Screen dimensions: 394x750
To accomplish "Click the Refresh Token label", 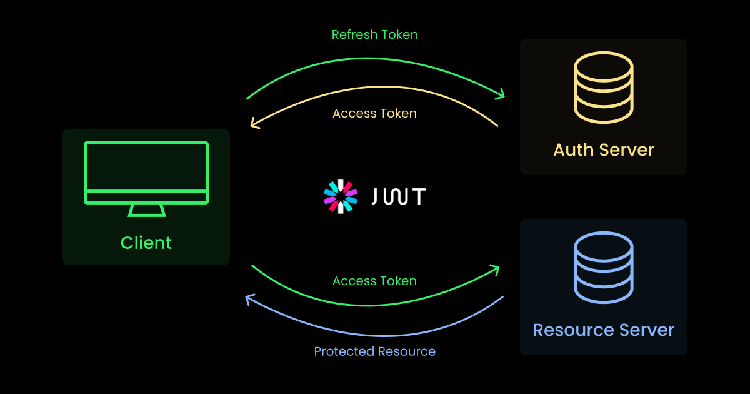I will pyautogui.click(x=374, y=35).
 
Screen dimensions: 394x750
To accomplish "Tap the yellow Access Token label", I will pyautogui.click(x=374, y=114).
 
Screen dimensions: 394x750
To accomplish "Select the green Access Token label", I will pyautogui.click(x=374, y=281).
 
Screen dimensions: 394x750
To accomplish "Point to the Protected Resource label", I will pyautogui.click(x=374, y=351).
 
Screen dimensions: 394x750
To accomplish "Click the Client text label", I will pyautogui.click(x=146, y=243).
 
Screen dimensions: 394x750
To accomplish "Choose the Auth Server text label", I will pyautogui.click(x=604, y=150).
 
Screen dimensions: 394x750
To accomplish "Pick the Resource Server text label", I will pyautogui.click(x=604, y=330).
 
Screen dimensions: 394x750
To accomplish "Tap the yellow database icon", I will pyautogui.click(x=604, y=88).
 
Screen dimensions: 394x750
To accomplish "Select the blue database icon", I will pyautogui.click(x=604, y=268).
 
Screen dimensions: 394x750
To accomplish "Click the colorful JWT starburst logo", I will pyautogui.click(x=340, y=196).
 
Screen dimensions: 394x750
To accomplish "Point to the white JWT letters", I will pyautogui.click(x=399, y=196).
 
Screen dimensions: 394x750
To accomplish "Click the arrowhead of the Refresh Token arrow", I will pyautogui.click(x=501, y=95).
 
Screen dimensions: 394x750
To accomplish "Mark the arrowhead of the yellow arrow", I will pyautogui.click(x=254, y=124).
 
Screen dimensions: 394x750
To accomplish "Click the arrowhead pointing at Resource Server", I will pyautogui.click(x=496, y=270).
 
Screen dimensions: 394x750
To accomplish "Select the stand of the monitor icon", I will pyautogui.click(x=147, y=210).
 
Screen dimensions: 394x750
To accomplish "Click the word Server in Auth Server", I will pyautogui.click(x=627, y=150).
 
